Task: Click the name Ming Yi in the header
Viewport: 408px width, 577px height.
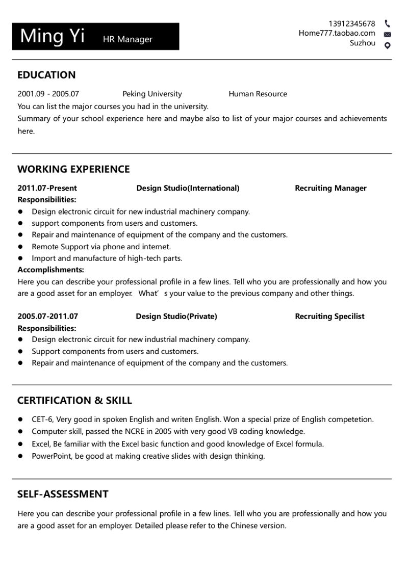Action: tap(53, 36)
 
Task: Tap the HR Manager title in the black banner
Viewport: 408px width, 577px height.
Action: tap(127, 39)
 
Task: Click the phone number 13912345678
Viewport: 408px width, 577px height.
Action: tap(351, 23)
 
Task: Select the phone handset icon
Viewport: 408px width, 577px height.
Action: tap(388, 23)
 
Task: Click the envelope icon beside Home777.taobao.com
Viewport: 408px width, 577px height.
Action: tap(388, 35)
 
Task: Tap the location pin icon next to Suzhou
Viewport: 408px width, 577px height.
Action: tap(388, 45)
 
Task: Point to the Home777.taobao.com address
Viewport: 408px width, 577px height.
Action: tap(337, 33)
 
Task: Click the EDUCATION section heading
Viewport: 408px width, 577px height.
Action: tap(46, 75)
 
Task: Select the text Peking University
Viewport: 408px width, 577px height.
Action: tap(152, 94)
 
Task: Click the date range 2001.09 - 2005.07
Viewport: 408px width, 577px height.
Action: tap(48, 94)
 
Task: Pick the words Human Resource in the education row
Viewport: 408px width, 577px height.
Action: tap(258, 94)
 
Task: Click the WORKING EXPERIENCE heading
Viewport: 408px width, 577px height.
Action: tap(73, 169)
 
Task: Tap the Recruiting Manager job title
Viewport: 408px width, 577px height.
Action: tap(330, 188)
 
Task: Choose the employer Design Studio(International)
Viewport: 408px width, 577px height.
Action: tap(188, 188)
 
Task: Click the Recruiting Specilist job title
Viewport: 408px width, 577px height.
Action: tap(329, 316)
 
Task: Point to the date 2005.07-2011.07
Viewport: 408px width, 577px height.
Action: tap(48, 316)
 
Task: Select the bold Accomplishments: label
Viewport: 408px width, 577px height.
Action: tap(50, 270)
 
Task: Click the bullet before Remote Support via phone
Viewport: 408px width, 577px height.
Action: tap(21, 247)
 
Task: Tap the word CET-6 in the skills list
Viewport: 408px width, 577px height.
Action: tap(42, 419)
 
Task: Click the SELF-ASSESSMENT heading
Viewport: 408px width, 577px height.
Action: tap(63, 494)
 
